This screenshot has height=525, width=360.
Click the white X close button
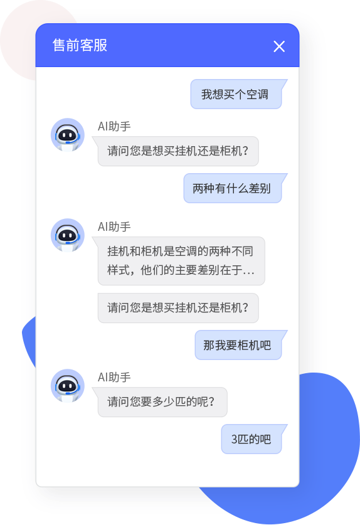pyautogui.click(x=279, y=46)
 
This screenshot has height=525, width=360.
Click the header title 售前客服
pyautogui.click(x=80, y=45)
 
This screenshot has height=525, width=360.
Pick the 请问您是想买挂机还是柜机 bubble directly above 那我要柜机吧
pyautogui.click(x=178, y=308)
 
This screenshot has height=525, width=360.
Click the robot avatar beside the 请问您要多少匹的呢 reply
pyautogui.click(x=68, y=386)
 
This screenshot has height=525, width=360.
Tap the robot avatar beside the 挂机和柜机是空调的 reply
pyautogui.click(x=68, y=235)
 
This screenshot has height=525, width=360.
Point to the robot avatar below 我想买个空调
pyautogui.click(x=68, y=135)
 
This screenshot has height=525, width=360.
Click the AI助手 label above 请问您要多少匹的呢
pyautogui.click(x=114, y=378)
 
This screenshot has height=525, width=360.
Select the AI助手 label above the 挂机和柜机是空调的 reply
pyautogui.click(x=114, y=226)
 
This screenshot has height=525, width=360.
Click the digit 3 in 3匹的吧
pyautogui.click(x=234, y=439)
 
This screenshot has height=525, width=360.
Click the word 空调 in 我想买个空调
pyautogui.click(x=257, y=95)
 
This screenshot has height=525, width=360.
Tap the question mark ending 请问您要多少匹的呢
pyautogui.click(x=211, y=401)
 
